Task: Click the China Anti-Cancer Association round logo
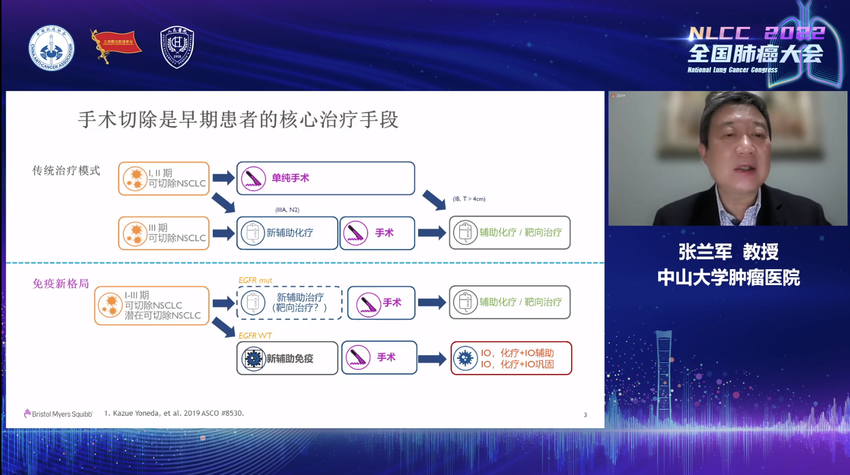point(51,48)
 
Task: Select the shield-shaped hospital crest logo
point(177,47)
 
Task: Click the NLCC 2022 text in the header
point(756,33)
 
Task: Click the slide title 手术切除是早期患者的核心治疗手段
point(238,120)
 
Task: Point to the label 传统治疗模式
point(66,171)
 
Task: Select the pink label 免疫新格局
point(61,284)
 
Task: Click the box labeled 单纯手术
point(325,179)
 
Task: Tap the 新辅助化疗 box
point(287,233)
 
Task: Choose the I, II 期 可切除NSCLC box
point(164,179)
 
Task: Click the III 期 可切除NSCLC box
point(164,233)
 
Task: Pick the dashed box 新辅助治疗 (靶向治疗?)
point(290,303)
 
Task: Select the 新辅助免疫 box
point(287,358)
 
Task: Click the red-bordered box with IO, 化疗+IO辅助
point(511,358)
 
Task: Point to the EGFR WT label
point(255,336)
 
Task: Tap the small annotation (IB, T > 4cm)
point(468,199)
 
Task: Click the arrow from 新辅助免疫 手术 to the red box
point(432,359)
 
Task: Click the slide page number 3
point(585,415)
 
